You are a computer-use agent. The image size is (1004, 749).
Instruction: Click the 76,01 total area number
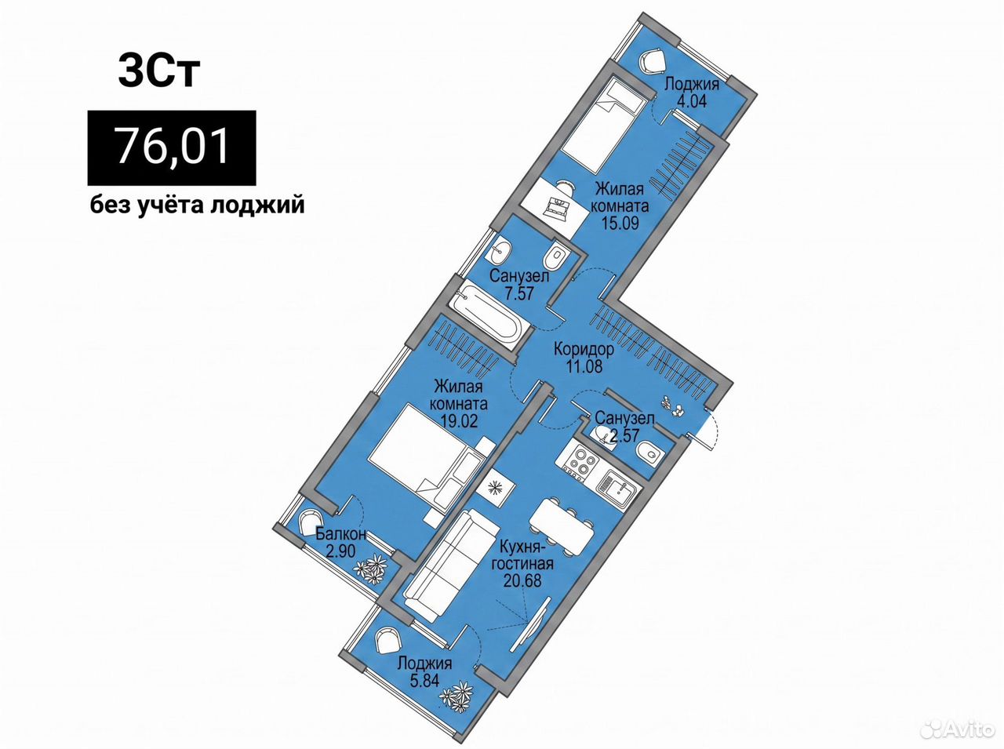pyautogui.click(x=173, y=147)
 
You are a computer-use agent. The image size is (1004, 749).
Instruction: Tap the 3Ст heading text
pyautogui.click(x=158, y=71)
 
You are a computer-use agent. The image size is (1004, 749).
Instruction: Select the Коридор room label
pyautogui.click(x=584, y=350)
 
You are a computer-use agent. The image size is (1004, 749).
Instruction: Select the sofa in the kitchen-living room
pyautogui.click(x=451, y=565)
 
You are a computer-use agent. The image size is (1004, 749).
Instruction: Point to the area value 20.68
pyautogui.click(x=522, y=580)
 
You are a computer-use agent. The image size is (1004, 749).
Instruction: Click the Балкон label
pyautogui.click(x=341, y=533)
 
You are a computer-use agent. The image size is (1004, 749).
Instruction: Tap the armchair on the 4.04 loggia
pyautogui.click(x=653, y=64)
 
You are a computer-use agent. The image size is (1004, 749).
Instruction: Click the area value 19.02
pyautogui.click(x=459, y=420)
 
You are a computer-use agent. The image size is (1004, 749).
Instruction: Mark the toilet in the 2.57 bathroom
pyautogui.click(x=649, y=456)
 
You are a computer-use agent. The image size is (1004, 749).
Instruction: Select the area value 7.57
pyautogui.click(x=518, y=293)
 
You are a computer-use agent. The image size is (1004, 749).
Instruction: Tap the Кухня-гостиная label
pyautogui.click(x=522, y=555)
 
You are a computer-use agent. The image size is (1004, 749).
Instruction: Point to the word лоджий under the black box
pyautogui.click(x=257, y=205)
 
